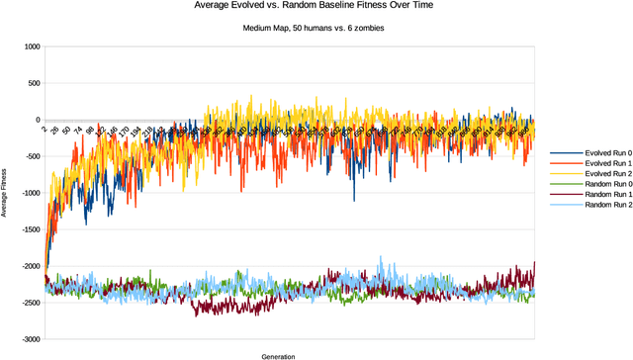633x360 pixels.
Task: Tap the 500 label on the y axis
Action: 34,84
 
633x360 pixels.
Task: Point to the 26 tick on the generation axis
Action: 54,129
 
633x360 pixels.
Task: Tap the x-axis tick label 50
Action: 65,130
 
